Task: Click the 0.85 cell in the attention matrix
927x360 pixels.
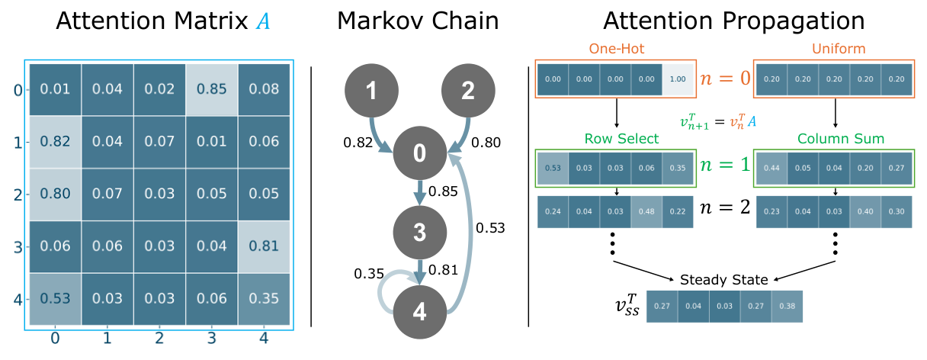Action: (x=211, y=88)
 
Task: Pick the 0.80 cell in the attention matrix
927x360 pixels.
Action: (x=55, y=194)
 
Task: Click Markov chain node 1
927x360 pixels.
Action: (x=370, y=91)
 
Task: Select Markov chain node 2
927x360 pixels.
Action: (x=468, y=91)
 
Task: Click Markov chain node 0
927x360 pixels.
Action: (x=419, y=153)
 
